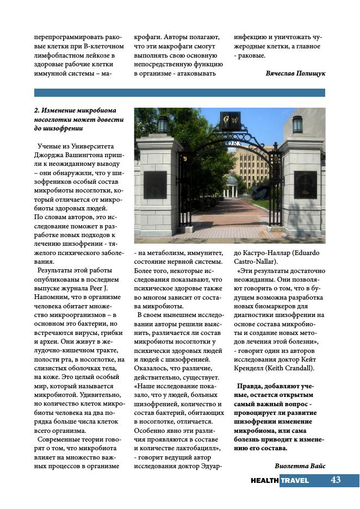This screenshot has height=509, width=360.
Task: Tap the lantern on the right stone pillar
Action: pos(297,125)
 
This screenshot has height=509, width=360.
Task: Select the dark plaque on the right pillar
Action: pos(305,185)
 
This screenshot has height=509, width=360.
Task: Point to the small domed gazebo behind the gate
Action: pos(232,185)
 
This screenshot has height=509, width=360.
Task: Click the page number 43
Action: pos(336,480)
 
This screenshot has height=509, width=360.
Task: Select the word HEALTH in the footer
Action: pos(265,481)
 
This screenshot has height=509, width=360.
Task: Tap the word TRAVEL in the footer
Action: pos(295,481)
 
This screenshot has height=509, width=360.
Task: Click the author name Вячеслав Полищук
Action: pos(295,73)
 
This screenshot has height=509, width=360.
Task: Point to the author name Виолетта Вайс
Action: pos(300,465)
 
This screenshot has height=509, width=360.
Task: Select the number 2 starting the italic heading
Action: pos(36,110)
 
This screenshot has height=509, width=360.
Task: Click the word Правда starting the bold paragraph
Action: pos(249,386)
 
